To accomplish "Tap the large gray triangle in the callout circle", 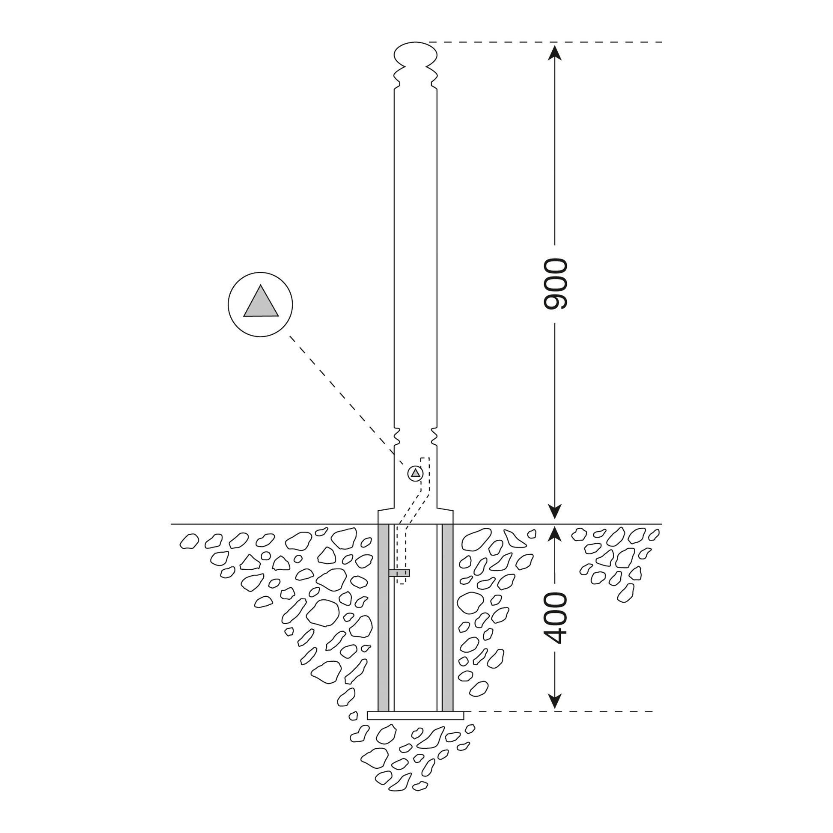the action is [261, 301].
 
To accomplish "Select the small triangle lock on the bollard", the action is [415, 473].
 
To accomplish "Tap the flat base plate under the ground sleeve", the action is [416, 716].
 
